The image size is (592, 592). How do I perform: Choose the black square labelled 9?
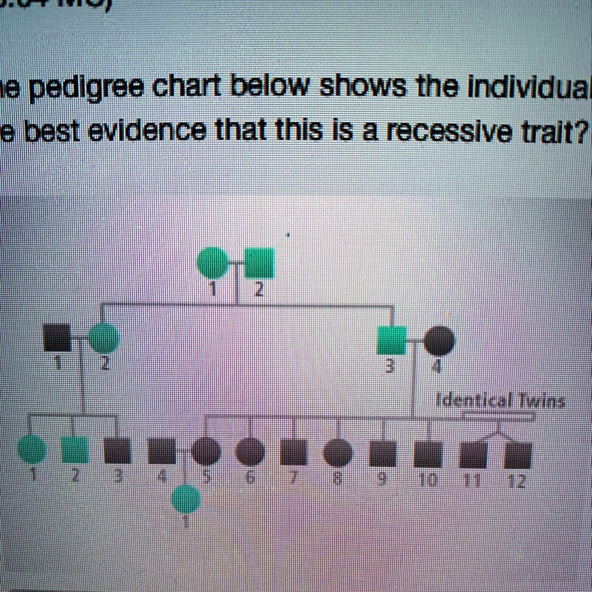(x=383, y=454)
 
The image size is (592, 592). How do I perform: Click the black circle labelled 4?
(x=439, y=341)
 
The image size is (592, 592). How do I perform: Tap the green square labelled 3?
(x=391, y=341)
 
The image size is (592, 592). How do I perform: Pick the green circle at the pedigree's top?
(x=213, y=262)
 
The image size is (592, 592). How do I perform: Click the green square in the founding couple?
(x=260, y=262)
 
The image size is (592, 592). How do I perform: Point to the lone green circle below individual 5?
(x=186, y=499)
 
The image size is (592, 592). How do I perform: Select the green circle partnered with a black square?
(x=105, y=338)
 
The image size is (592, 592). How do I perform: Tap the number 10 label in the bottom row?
(x=428, y=480)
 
